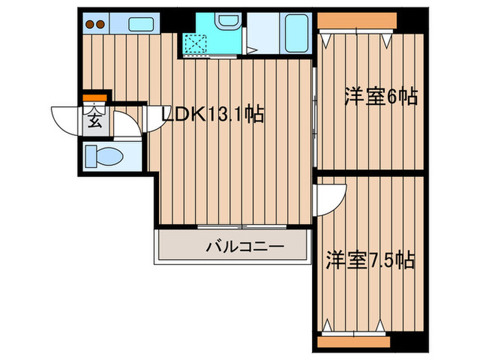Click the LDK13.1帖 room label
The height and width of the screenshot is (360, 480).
click(212, 115)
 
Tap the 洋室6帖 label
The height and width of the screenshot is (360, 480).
click(381, 97)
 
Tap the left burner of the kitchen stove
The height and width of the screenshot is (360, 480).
click(89, 25)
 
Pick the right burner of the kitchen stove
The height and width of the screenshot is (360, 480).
click(100, 25)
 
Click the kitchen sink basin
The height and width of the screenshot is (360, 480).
click(143, 25)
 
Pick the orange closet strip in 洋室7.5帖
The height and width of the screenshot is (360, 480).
click(354, 340)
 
